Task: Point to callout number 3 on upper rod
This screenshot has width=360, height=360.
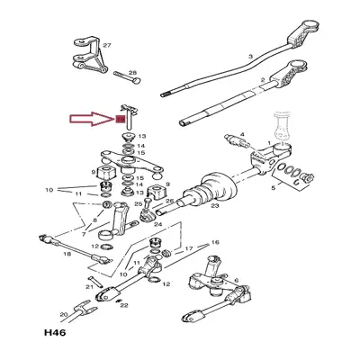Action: click(247, 56)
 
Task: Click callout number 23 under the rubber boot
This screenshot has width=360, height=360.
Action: click(215, 204)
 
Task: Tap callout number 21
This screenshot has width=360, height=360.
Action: click(89, 285)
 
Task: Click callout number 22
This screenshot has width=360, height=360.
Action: click(123, 305)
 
